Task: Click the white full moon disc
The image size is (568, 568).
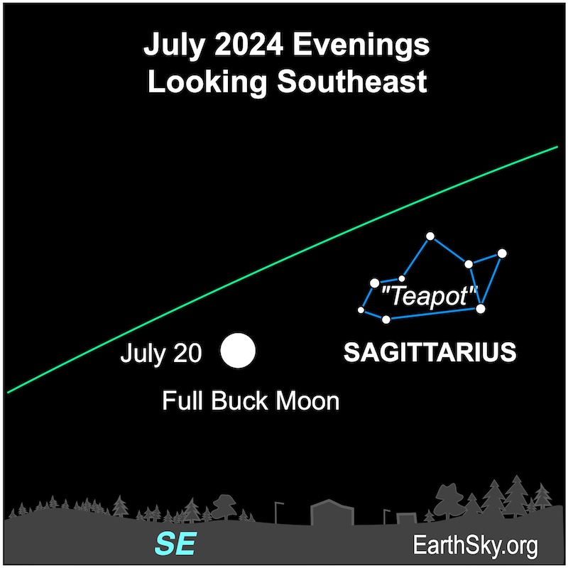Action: pyautogui.click(x=238, y=351)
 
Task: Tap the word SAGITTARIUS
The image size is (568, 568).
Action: pyautogui.click(x=430, y=352)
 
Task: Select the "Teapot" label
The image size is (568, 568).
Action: pyautogui.click(x=430, y=296)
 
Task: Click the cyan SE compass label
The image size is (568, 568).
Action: pyautogui.click(x=176, y=544)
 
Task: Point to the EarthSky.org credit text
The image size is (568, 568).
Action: pyautogui.click(x=475, y=545)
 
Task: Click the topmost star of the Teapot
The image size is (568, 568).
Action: pyautogui.click(x=430, y=236)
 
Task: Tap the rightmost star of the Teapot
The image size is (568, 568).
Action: pyautogui.click(x=502, y=253)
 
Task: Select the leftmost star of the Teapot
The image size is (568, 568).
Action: pyautogui.click(x=361, y=310)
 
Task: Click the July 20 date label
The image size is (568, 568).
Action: pyautogui.click(x=161, y=353)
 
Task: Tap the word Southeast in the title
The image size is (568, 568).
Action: pyautogui.click(x=352, y=81)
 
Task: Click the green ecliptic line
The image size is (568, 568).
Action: pyautogui.click(x=283, y=270)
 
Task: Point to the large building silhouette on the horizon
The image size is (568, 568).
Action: pyautogui.click(x=332, y=511)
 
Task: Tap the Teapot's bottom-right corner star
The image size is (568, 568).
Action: pyautogui.click(x=481, y=309)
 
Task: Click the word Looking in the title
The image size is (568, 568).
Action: pyautogui.click(x=207, y=82)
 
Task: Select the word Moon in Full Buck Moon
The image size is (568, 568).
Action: pyautogui.click(x=307, y=401)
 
